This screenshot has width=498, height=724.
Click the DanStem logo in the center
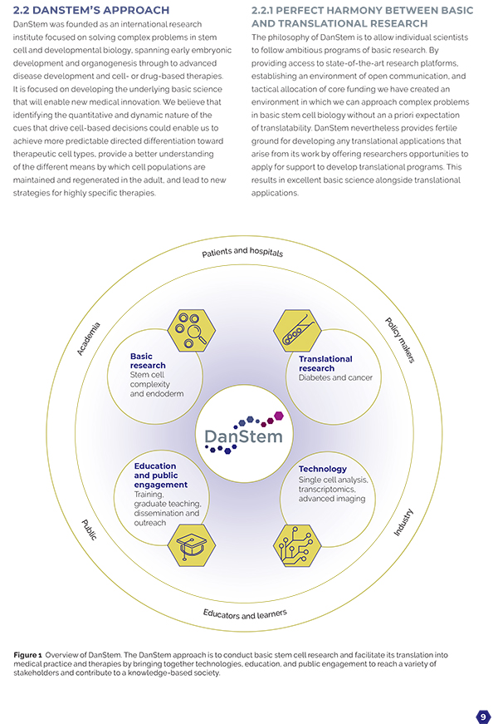pyautogui.click(x=244, y=433)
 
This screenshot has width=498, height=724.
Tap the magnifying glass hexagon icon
pyautogui.click(x=192, y=331)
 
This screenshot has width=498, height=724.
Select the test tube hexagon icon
pyautogui.click(x=297, y=331)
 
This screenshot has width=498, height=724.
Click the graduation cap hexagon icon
pyautogui.click(x=192, y=545)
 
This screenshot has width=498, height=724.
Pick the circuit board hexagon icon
pyautogui.click(x=297, y=545)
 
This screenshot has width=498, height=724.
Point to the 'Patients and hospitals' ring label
pyautogui.click(x=242, y=252)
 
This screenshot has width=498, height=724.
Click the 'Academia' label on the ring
pyautogui.click(x=88, y=339)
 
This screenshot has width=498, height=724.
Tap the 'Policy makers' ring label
pyautogui.click(x=400, y=340)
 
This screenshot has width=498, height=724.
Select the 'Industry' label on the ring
pyautogui.click(x=403, y=522)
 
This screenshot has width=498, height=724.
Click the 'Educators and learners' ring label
pyautogui.click(x=245, y=614)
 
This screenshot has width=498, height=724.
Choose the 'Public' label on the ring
pyautogui.click(x=89, y=529)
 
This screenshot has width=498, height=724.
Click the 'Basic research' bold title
pyautogui.click(x=148, y=361)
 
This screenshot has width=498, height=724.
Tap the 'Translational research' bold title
pyautogui.click(x=325, y=363)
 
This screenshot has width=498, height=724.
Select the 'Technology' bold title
pyautogui.click(x=322, y=469)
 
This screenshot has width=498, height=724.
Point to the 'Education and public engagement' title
pyautogui.click(x=160, y=475)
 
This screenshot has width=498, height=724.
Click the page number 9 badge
pyautogui.click(x=483, y=717)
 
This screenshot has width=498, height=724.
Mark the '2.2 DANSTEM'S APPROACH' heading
pyautogui.click(x=91, y=10)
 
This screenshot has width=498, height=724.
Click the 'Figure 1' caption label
pyautogui.click(x=27, y=655)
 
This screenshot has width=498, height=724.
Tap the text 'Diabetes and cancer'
pyautogui.click(x=335, y=377)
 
